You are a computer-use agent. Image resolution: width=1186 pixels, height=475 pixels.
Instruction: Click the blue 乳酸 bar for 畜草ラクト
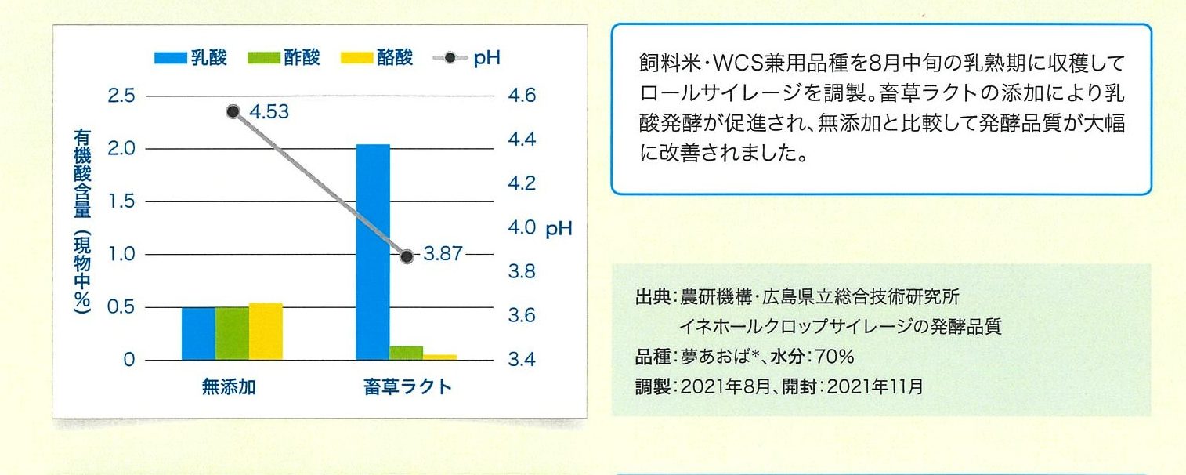point(373,252)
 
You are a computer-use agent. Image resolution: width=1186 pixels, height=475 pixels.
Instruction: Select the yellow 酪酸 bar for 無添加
point(266,332)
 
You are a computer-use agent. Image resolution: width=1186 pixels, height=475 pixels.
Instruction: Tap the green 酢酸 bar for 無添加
point(232,334)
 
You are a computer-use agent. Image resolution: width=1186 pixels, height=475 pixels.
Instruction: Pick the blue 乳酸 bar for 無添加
point(198,334)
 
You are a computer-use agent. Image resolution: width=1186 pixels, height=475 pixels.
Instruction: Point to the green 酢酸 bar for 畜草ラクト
point(406,354)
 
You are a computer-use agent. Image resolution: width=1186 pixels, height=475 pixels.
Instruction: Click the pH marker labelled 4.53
point(233,112)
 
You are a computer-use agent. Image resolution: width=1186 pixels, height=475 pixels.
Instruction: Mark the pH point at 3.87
point(407,257)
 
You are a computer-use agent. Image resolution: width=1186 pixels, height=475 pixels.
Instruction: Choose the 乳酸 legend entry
point(190,57)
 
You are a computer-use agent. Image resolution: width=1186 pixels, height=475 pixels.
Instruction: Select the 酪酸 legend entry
point(377,57)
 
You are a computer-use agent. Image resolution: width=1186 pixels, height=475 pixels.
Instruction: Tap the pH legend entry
point(467,57)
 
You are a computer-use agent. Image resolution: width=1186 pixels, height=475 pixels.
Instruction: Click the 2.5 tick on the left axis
point(121,96)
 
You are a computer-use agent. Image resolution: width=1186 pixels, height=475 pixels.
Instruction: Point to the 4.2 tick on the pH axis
point(522,183)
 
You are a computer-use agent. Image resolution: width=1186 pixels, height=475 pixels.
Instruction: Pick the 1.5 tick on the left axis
point(121,201)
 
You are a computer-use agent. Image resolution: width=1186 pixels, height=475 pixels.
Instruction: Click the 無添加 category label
point(229,387)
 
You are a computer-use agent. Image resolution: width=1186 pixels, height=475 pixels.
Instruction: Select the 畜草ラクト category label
point(407,387)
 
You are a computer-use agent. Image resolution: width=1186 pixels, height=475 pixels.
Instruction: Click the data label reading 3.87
point(443,254)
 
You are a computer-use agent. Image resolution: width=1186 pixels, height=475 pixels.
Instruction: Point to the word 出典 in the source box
point(653,297)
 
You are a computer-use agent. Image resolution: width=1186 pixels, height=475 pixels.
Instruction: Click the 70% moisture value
point(834,357)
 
